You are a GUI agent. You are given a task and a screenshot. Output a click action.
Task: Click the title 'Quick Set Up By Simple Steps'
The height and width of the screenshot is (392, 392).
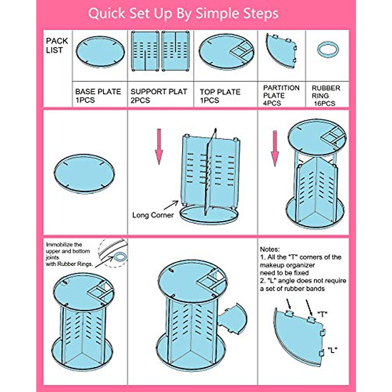[x=183, y=13]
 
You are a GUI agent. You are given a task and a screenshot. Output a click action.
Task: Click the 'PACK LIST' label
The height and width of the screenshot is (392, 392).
[x=57, y=45]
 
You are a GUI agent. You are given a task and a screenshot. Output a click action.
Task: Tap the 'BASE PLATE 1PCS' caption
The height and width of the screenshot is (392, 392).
[x=98, y=96]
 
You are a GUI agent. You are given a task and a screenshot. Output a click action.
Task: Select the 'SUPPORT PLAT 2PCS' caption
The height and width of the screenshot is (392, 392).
[x=159, y=96]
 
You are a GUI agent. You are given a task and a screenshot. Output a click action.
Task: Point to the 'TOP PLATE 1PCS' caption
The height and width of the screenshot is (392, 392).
[x=220, y=96]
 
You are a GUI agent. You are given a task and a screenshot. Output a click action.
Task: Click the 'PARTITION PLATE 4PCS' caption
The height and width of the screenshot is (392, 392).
[x=281, y=95]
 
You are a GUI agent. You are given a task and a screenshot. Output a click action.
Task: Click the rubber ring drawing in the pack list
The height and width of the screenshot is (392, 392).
[x=328, y=50]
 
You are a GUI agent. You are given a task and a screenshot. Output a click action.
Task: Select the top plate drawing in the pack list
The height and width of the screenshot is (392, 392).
[x=226, y=52]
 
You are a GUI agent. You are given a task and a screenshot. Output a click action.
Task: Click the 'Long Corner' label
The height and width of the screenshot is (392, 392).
[x=153, y=215]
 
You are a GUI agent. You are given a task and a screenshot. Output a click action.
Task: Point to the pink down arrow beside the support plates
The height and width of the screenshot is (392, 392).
[x=159, y=146]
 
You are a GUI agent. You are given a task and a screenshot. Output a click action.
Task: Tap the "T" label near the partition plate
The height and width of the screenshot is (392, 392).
[x=322, y=314]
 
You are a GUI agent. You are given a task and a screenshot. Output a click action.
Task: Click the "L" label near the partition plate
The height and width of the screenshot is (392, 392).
[x=332, y=350]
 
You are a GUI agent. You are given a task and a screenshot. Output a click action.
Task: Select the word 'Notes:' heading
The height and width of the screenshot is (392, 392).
[x=270, y=249]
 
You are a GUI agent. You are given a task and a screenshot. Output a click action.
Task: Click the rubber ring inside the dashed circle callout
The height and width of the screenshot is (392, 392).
[x=120, y=257]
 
